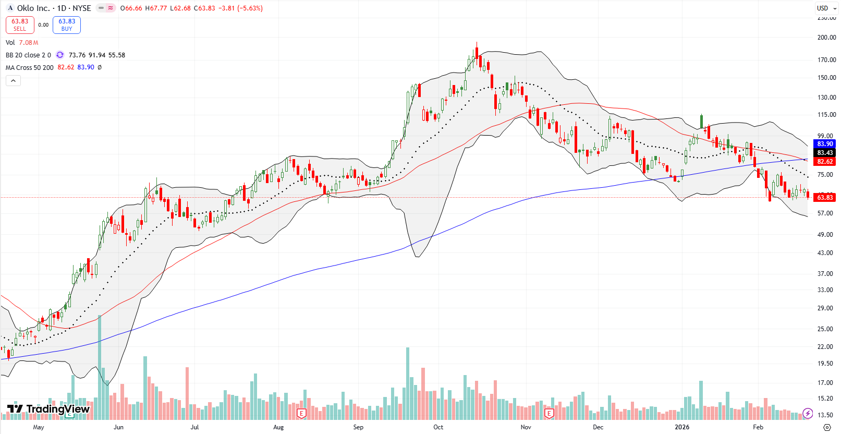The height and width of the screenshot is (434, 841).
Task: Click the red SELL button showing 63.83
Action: pos(20,25)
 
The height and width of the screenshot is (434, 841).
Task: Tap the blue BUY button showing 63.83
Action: pos(67,25)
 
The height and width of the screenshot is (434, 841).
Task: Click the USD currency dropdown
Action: pos(826,8)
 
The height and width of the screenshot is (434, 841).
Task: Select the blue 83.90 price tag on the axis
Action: pos(825,143)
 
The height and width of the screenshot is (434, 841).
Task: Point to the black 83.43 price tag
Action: pos(825,152)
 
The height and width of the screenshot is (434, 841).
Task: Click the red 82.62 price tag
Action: pos(825,161)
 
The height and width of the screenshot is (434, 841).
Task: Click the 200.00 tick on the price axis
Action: pos(826,38)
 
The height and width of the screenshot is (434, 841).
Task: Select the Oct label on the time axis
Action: pos(438,427)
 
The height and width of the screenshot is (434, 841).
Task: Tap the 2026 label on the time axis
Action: pos(681,427)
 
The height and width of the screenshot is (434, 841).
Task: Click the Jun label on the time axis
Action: pos(118,427)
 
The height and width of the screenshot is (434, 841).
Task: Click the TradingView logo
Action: pos(48,409)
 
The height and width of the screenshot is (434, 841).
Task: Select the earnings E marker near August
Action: pos(301,414)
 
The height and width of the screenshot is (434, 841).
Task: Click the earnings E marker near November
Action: pos(549,414)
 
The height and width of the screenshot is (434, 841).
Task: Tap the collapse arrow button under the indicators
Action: pos(13,80)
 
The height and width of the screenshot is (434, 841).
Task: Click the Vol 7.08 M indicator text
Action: pos(22,43)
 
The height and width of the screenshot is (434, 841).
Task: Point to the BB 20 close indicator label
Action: pos(28,55)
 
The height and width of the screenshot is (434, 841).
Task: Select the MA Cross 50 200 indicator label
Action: pos(29,67)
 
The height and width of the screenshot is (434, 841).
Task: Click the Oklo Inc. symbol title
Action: pos(33,8)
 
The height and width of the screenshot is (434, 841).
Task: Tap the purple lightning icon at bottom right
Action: pos(808,413)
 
